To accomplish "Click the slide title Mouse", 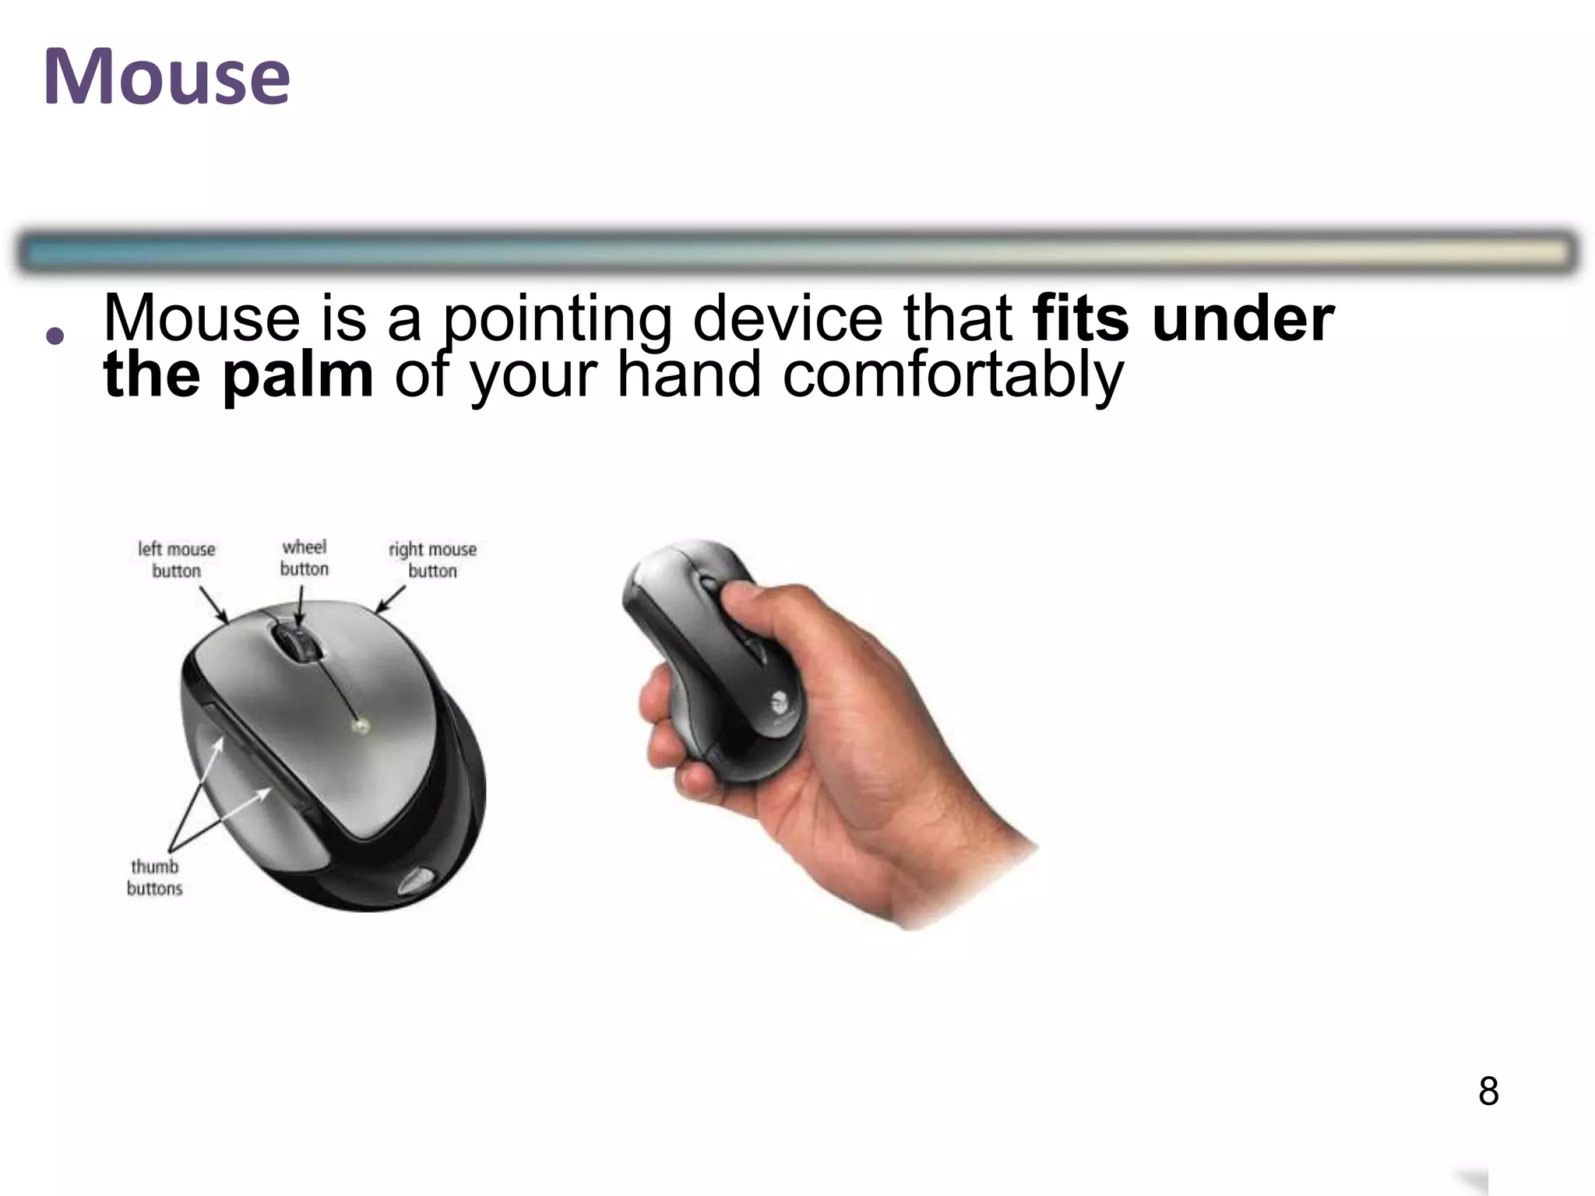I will pos(167,77).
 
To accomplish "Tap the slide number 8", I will pos(1488,1091).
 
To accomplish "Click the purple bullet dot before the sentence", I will pos(55,336).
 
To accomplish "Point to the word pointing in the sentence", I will pos(556,319).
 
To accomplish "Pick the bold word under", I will pos(1243,319).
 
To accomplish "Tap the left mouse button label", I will pos(176,560).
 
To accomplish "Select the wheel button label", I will pos(304,558).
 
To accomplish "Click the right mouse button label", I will pos(432,560).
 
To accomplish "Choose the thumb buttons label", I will pos(154,878).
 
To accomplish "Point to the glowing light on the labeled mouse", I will pos(360,726).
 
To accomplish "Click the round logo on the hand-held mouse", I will pos(780,701).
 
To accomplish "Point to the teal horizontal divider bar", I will pos(797,252).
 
